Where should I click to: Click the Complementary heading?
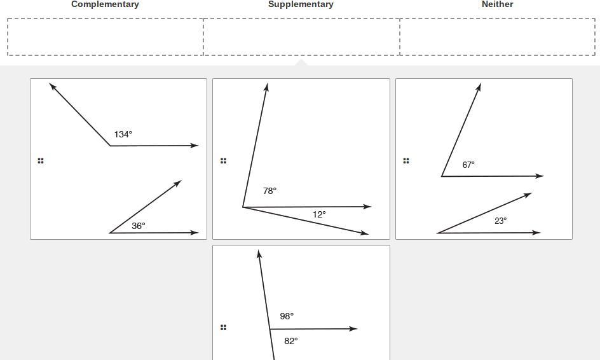point(105,4)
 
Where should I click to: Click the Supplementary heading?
point(301,4)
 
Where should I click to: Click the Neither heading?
point(497,4)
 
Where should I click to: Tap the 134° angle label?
point(123,134)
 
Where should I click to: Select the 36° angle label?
point(139,226)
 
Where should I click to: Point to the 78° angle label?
point(269,191)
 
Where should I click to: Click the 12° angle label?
point(319,215)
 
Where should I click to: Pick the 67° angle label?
point(468,165)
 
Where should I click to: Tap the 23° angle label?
point(500,221)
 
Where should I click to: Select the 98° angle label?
point(287,316)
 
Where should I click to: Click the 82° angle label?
point(291,341)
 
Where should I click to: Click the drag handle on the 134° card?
point(41,161)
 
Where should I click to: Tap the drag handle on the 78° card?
point(223,161)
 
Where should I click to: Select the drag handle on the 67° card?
point(406,161)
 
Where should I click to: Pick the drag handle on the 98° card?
point(223,328)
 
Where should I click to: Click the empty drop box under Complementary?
point(106,37)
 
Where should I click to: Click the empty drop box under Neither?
point(497,37)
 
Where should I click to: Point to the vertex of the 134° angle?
point(110,146)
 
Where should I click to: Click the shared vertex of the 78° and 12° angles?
point(243,207)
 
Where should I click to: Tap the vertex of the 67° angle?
point(442,176)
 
